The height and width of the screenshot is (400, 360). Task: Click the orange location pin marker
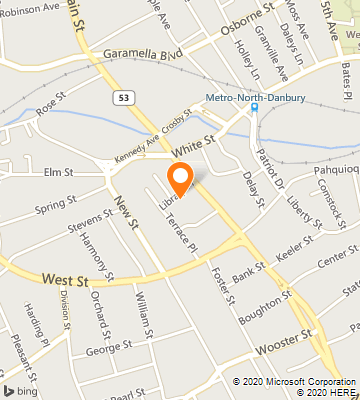pyautogui.click(x=181, y=179)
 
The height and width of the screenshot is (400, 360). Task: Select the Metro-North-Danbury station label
pyautogui.click(x=255, y=97)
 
